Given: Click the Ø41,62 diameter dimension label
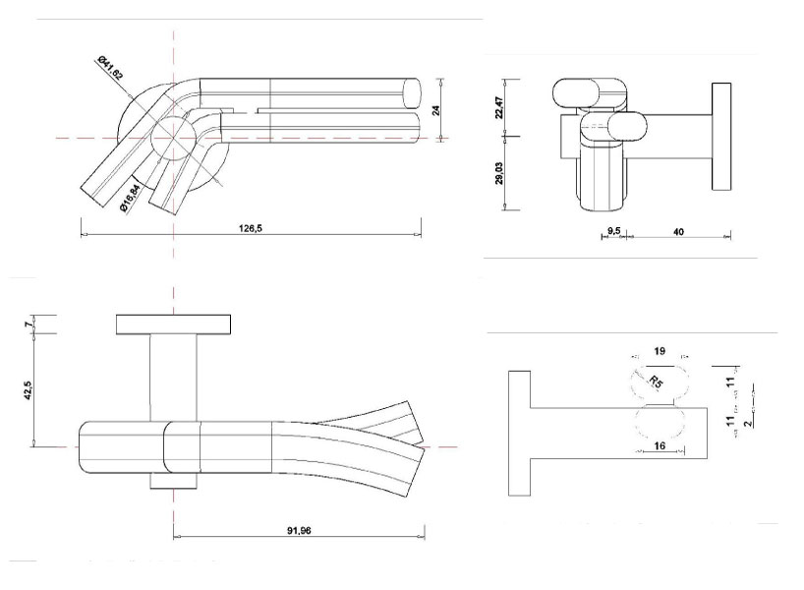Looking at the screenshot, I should (110, 70).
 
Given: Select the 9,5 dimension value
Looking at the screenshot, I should (612, 230).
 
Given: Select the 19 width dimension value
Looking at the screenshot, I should (660, 351).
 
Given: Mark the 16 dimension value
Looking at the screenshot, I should (658, 445).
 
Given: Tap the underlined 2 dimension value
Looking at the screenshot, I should (746, 423).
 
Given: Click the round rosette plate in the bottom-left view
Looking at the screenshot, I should (174, 324).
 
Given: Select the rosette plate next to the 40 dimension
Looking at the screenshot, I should (718, 138).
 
